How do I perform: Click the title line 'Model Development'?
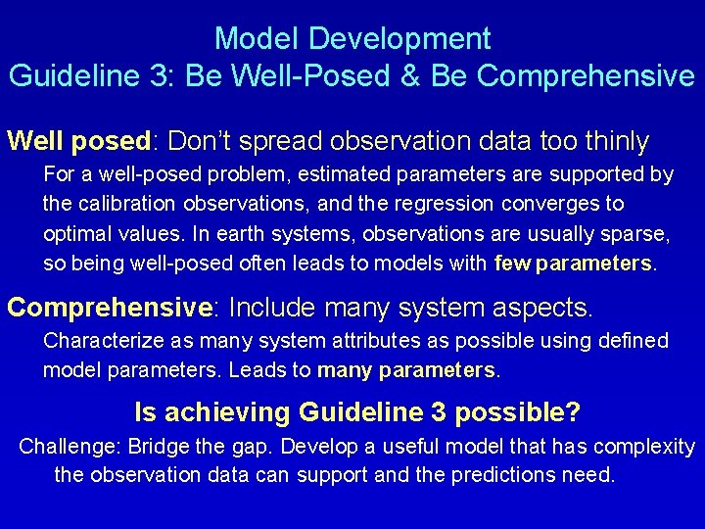(352, 39)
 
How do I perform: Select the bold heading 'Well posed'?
(77, 142)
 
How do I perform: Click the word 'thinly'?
(616, 142)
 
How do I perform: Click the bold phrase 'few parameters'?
(573, 264)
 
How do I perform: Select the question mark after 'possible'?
(573, 412)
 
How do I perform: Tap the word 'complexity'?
(640, 447)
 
